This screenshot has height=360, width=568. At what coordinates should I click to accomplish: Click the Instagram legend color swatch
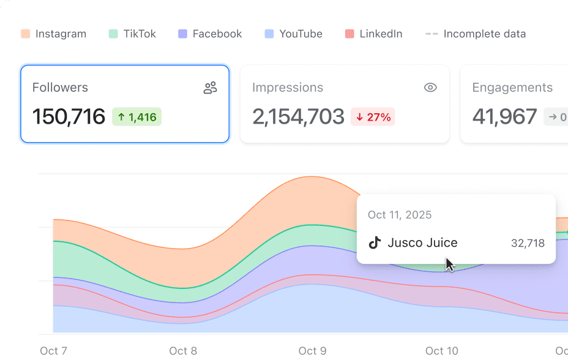pos(25,34)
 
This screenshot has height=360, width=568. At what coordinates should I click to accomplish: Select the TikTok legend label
pos(140,34)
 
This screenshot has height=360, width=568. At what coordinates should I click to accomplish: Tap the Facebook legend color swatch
pos(182,34)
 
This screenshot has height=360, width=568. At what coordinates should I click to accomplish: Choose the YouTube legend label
pos(301,34)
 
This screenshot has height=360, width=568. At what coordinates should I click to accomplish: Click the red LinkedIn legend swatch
pos(349,34)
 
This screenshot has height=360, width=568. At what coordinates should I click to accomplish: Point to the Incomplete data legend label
pos(485,34)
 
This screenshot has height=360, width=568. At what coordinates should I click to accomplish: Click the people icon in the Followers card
pos(210,88)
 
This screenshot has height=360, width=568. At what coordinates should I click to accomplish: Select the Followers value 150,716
pos(69,116)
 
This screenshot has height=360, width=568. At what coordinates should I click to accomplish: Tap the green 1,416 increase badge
pos(137,117)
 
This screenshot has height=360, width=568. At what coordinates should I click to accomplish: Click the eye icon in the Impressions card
pos(430,88)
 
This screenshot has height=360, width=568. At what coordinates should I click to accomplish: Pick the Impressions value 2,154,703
pos(298,116)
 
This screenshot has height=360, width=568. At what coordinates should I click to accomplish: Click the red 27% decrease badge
pos(373,117)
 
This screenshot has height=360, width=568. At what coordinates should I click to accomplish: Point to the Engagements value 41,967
pos(504,116)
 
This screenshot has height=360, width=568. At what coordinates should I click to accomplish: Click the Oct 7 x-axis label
pos(54,351)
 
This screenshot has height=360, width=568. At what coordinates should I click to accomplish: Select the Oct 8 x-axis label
pos(183,351)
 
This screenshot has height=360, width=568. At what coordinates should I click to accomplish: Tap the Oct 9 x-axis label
pos(312,351)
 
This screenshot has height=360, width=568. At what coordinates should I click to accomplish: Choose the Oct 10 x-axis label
pos(441,351)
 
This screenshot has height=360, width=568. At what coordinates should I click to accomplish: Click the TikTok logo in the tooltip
pos(375,242)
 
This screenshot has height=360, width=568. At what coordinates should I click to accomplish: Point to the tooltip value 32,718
pos(528,243)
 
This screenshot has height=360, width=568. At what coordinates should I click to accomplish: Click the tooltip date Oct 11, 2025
pos(400,215)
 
